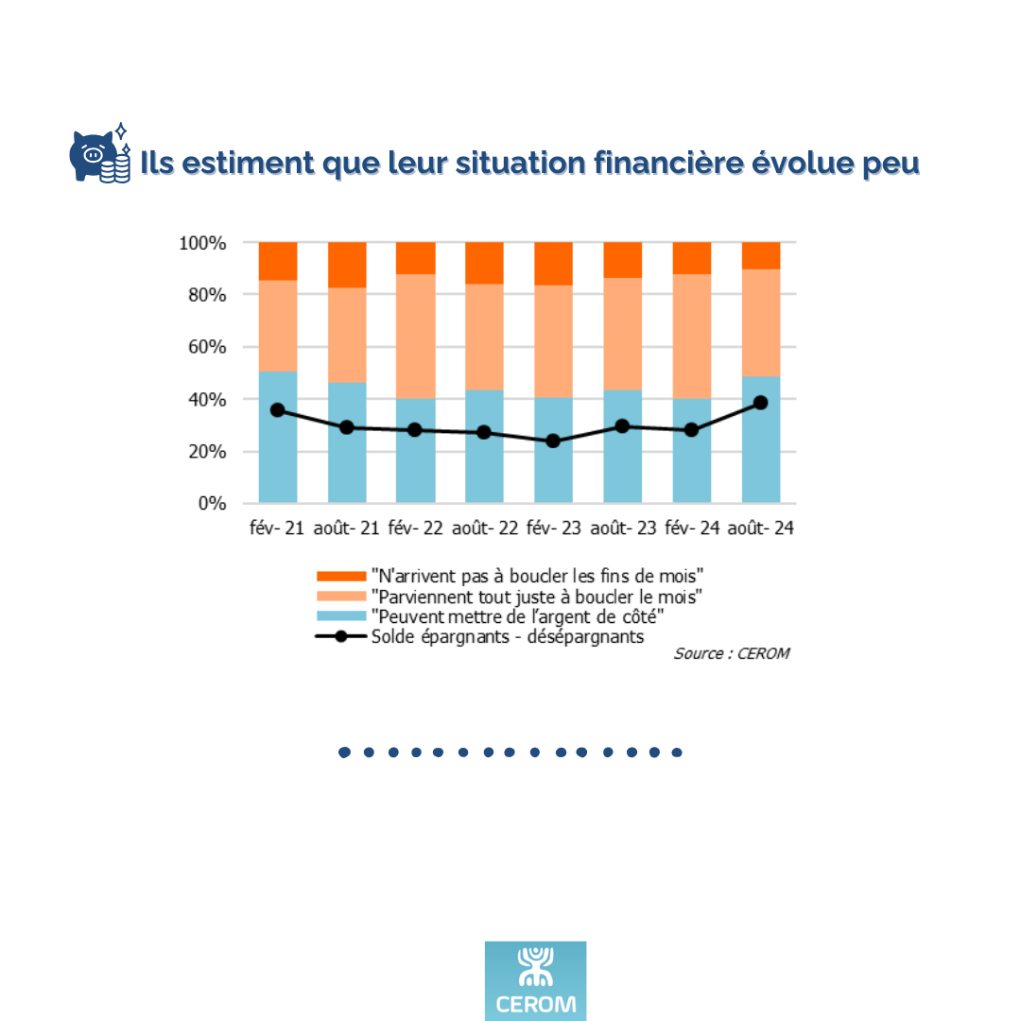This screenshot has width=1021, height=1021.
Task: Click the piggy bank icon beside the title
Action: tap(99, 156)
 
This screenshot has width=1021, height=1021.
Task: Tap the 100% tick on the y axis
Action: tap(201, 243)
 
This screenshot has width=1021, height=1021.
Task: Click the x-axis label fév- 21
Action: tap(276, 528)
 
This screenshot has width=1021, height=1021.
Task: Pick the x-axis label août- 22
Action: tap(484, 528)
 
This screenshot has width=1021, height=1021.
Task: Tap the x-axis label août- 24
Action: tap(760, 528)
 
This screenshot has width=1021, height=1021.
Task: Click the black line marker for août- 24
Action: tap(760, 403)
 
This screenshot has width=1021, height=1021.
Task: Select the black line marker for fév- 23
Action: tap(553, 441)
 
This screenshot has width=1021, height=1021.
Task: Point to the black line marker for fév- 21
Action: tap(277, 410)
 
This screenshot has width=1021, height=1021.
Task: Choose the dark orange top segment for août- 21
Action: tap(346, 265)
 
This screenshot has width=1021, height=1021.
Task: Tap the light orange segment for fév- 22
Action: tap(415, 336)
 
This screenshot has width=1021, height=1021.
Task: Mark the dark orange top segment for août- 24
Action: tap(760, 255)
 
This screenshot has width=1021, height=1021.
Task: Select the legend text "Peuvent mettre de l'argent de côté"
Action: tap(518, 616)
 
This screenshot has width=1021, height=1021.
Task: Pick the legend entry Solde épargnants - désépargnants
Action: tap(507, 636)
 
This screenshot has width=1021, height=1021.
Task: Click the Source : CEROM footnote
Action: tap(731, 653)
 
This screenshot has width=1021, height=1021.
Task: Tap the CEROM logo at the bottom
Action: tap(535, 980)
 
